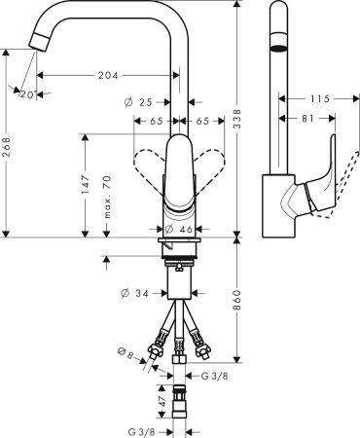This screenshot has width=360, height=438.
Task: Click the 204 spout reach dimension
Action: [x=112, y=76]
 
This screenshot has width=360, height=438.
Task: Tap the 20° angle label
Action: [x=26, y=93]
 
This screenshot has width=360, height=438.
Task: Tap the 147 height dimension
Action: [x=87, y=184]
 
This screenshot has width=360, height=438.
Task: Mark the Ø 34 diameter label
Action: [x=136, y=292]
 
